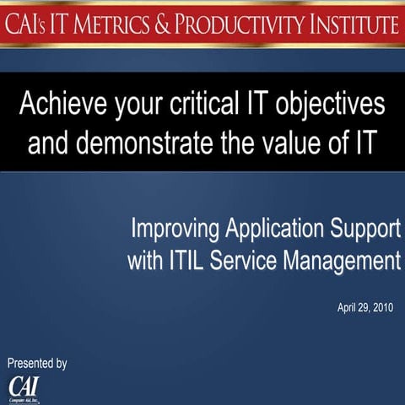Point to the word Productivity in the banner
[x=253, y=24]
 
